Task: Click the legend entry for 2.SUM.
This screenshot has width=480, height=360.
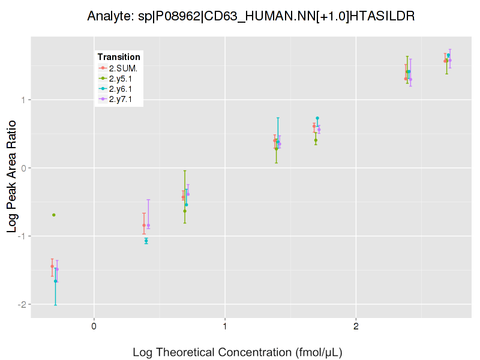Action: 122,68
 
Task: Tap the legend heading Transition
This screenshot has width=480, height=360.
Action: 119,57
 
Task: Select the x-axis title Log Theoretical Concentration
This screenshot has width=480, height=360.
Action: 238,352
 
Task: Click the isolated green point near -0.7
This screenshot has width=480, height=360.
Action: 54,215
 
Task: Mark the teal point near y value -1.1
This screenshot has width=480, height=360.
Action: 146,241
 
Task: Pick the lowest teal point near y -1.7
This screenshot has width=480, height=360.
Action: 56,281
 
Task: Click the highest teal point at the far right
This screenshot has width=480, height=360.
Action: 448,55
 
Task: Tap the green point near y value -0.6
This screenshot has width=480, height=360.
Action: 185,211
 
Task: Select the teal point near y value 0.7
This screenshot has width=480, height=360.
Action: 317,118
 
